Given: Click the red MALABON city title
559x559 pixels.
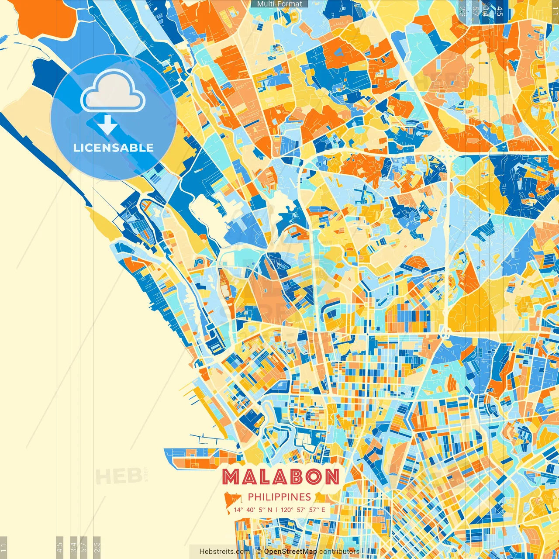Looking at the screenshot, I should pyautogui.click(x=280, y=477).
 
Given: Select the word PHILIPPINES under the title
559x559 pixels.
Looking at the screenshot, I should pyautogui.click(x=279, y=497).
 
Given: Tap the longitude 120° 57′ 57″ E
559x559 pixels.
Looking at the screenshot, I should pyautogui.click(x=303, y=510).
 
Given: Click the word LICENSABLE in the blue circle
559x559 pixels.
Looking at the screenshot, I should pyautogui.click(x=114, y=148).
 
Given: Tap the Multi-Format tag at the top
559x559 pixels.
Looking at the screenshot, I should pyautogui.click(x=279, y=4).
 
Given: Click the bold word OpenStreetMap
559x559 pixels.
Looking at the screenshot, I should pyautogui.click(x=290, y=552).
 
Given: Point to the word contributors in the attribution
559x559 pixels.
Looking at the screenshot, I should pyautogui.click(x=339, y=552).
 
